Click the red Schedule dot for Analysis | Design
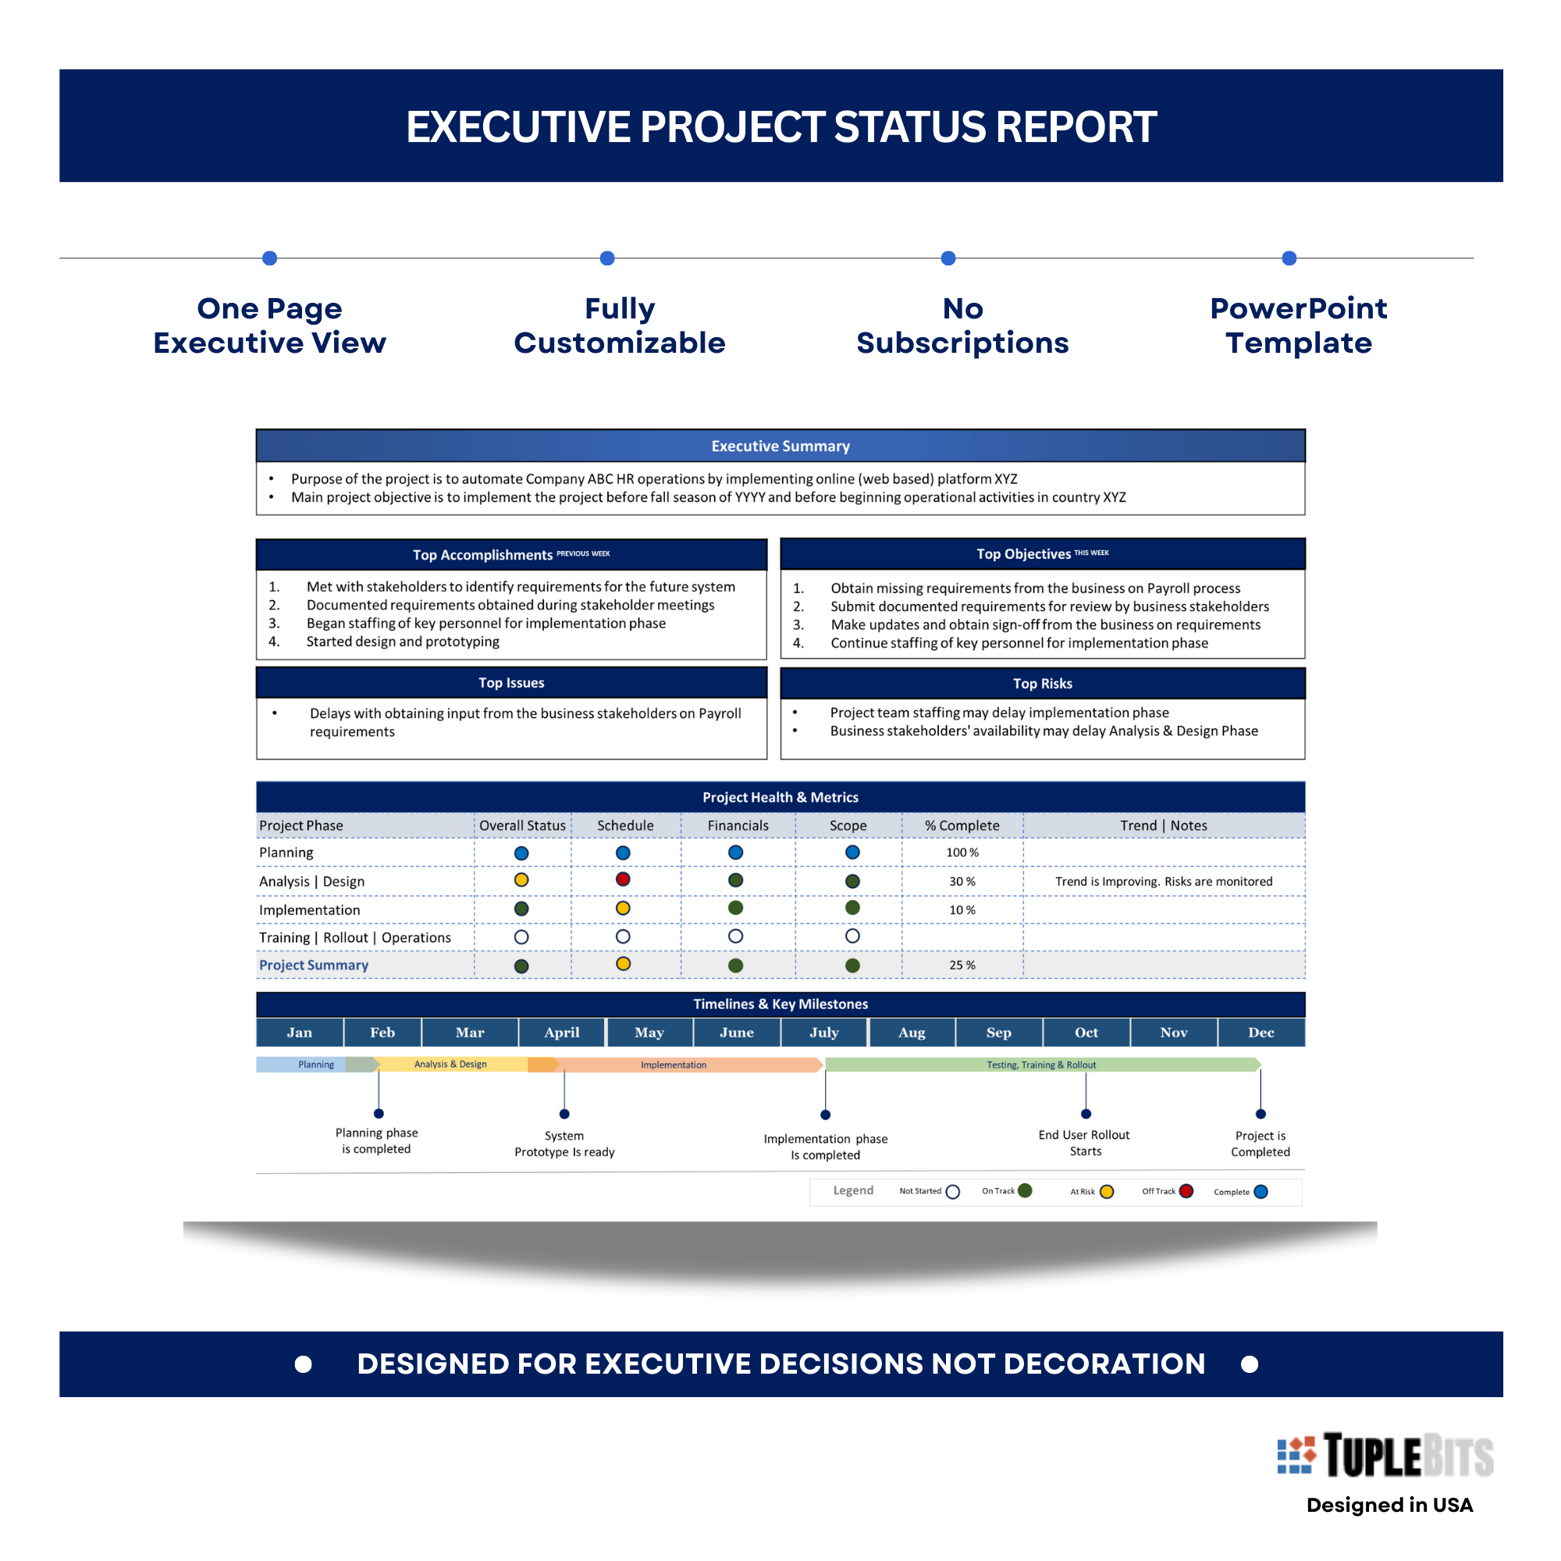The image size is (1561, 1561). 622,879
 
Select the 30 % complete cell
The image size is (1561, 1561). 962,881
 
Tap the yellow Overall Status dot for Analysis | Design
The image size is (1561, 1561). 521,880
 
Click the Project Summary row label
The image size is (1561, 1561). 314,965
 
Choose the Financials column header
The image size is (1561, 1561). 738,825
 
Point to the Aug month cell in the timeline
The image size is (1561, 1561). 912,1032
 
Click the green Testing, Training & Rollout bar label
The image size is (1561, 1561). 1040,1065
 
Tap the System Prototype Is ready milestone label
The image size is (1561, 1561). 564,1143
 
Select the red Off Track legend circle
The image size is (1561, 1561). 1186,1191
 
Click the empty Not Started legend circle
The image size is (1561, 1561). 952,1192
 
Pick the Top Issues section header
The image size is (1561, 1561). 510,683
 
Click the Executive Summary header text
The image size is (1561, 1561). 780,446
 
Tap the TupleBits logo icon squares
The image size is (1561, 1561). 1296,1455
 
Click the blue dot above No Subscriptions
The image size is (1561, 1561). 948,258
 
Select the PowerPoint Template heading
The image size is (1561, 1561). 1298,325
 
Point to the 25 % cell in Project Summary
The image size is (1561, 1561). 962,965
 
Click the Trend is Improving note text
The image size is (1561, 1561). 1163,881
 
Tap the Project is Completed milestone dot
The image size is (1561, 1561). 1261,1115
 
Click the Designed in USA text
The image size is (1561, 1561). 1389,1505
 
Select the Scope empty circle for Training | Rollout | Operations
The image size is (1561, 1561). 852,936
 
